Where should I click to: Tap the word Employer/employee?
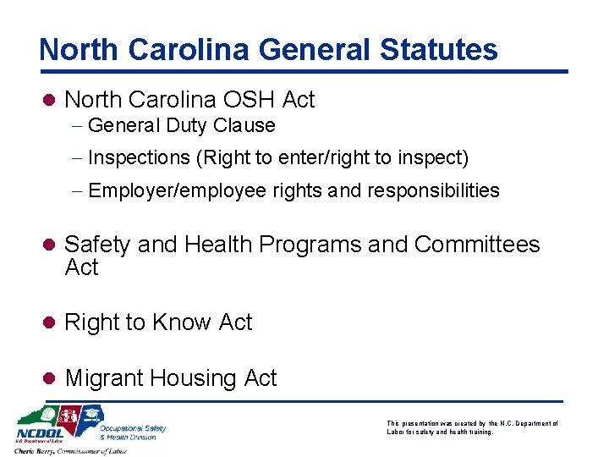(x=177, y=190)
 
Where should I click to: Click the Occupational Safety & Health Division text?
(x=132, y=432)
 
